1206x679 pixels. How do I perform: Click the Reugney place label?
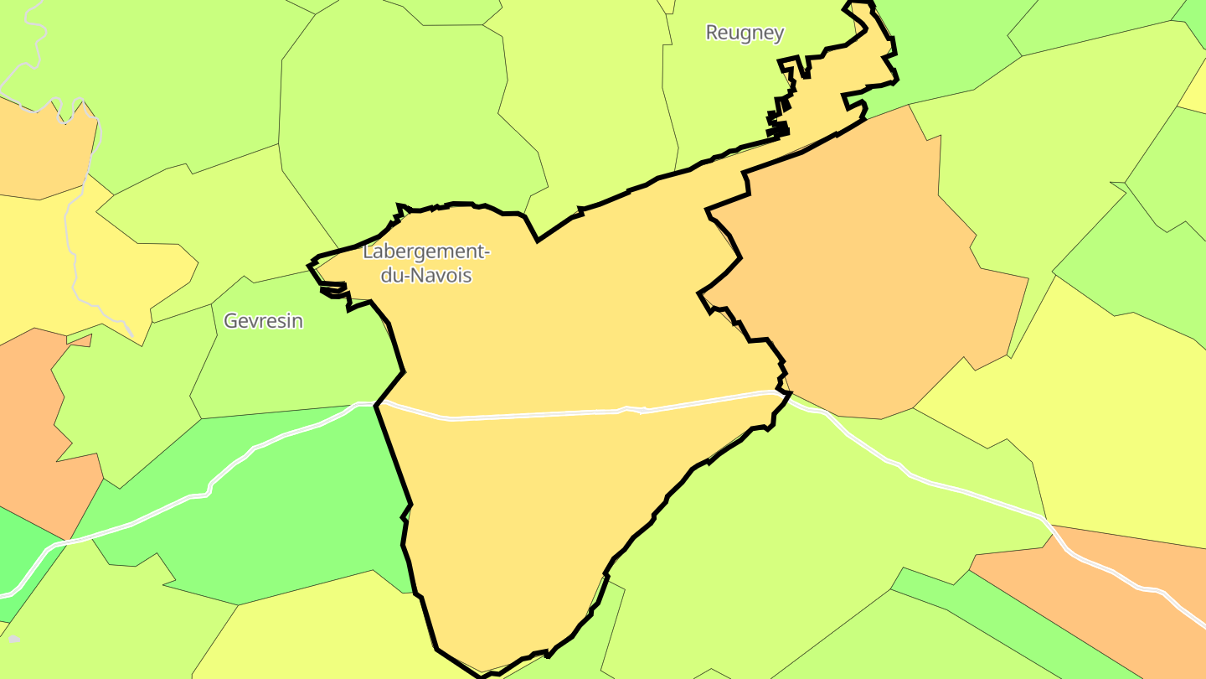click(745, 33)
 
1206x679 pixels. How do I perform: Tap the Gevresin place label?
click(263, 321)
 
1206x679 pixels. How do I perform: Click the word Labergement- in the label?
click(425, 251)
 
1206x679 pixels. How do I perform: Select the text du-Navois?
click(425, 274)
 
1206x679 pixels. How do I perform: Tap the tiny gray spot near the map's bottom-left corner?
click(13, 639)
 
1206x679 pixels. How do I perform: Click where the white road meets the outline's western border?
click(376, 405)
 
